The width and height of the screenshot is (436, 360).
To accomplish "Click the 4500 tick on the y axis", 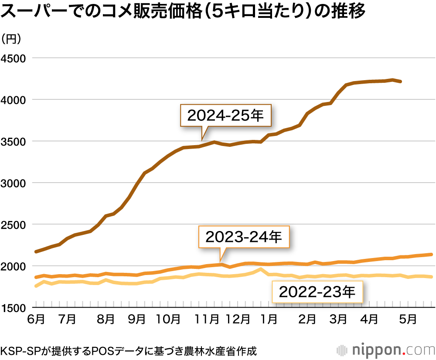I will point(14,58).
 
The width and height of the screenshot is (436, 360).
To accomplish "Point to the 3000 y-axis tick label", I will point(14,183).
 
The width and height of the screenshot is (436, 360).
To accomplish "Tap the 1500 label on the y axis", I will point(14,308).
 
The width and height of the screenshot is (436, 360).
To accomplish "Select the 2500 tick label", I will point(14,224).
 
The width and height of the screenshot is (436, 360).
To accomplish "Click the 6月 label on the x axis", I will point(36,320).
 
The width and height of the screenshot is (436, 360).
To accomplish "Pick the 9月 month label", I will point(137,320).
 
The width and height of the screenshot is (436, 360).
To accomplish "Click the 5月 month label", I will point(407,320).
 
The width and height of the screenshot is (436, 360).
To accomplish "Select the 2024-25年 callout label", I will point(225,115).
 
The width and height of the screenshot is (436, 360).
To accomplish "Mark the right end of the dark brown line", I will point(401,82).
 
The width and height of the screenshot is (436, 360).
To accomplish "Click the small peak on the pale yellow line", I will point(261,269).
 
